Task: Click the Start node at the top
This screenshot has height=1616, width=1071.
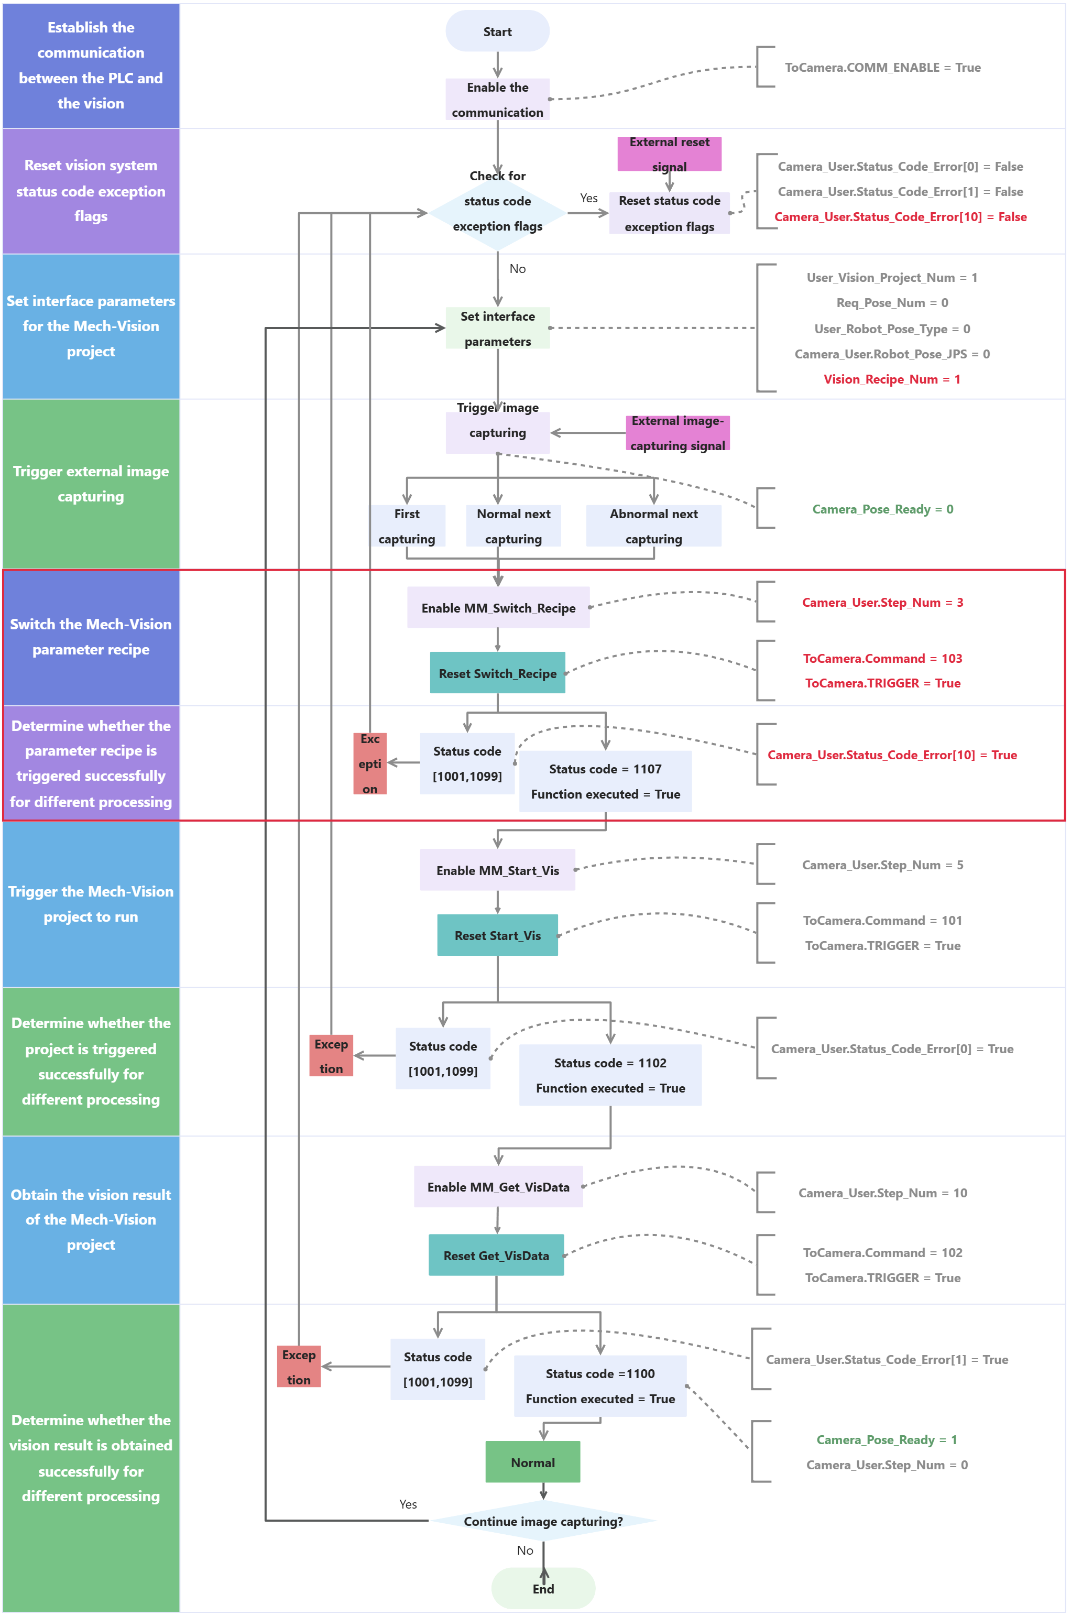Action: point(497,31)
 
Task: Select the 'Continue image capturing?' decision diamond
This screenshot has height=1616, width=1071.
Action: point(543,1521)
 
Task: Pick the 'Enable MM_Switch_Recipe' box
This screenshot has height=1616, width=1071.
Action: point(498,608)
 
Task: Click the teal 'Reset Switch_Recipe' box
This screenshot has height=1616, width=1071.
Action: point(497,673)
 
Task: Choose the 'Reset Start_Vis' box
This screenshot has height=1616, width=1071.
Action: point(497,936)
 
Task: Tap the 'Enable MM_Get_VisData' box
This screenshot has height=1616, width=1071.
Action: point(498,1187)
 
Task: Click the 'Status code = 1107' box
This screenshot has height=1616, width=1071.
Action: point(605,781)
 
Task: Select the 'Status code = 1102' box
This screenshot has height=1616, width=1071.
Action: point(610,1075)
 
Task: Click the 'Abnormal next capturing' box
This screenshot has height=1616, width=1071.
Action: point(654,526)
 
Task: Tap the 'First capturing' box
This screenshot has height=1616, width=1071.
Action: point(407,526)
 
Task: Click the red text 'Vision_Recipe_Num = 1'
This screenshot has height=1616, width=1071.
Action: point(891,379)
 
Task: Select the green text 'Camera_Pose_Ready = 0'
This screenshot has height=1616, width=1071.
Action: point(882,509)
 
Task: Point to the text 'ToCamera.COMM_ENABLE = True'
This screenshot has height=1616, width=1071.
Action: point(882,68)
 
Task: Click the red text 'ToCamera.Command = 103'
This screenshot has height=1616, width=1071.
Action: point(882,659)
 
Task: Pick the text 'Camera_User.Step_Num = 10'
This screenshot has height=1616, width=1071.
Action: point(882,1193)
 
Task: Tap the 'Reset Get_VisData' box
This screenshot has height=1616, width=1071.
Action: point(496,1255)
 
